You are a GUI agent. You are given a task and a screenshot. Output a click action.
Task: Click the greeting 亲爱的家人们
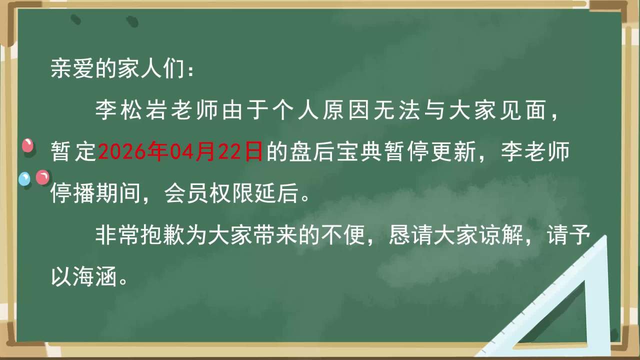point(117,69)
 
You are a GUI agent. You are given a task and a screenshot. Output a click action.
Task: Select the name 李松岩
point(131,110)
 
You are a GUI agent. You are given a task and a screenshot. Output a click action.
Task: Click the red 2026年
point(132,151)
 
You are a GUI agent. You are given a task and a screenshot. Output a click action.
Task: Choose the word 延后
point(276,193)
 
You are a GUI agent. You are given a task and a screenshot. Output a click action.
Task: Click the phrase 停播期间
point(95,193)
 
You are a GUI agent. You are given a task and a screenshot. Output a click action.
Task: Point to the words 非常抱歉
point(140,235)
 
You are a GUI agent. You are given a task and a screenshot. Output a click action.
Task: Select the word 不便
point(343,235)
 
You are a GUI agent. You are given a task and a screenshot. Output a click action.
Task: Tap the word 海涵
point(95,276)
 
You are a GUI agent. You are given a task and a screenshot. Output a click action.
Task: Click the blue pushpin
point(24,179)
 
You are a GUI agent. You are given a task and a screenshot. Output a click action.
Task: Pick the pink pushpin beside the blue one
point(42,177)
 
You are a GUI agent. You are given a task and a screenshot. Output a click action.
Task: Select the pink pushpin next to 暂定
point(27,145)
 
